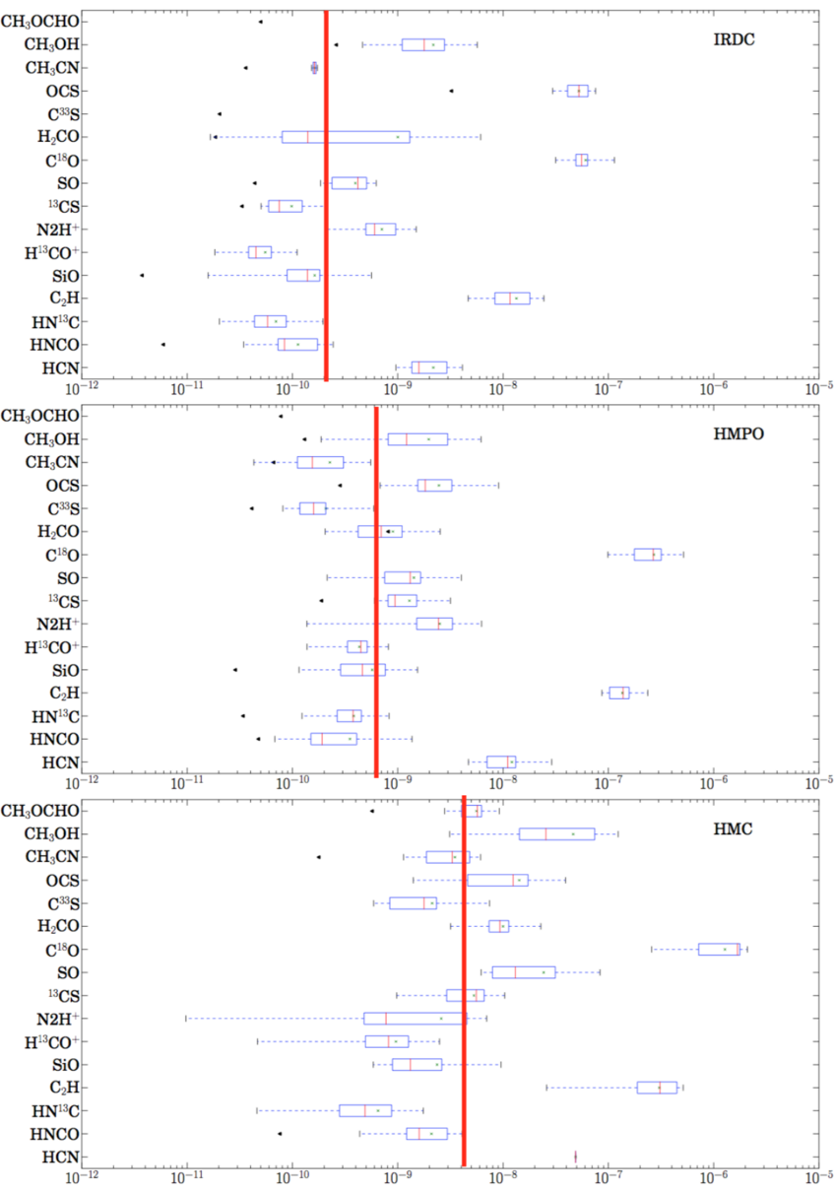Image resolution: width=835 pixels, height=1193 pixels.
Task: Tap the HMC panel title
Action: [x=733, y=828]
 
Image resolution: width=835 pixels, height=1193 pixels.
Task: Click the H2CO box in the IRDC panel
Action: [x=345, y=137]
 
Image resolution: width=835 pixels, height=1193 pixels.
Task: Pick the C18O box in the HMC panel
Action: [x=719, y=949]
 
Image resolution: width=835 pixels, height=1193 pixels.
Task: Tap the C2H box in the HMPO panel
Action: [x=619, y=693]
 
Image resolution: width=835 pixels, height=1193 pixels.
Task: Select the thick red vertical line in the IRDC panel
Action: [x=326, y=197]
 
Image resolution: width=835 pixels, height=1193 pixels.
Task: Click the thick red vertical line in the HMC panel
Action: [x=464, y=985]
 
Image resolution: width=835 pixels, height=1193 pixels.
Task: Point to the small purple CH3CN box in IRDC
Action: [x=314, y=68]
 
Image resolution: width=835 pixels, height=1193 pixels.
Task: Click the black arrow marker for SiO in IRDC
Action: [x=142, y=275]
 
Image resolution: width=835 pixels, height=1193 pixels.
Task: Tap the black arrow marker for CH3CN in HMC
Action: [x=318, y=857]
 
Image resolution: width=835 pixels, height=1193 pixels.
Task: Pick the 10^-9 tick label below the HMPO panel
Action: [x=398, y=784]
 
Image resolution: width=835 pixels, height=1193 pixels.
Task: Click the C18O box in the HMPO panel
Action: [x=647, y=555]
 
